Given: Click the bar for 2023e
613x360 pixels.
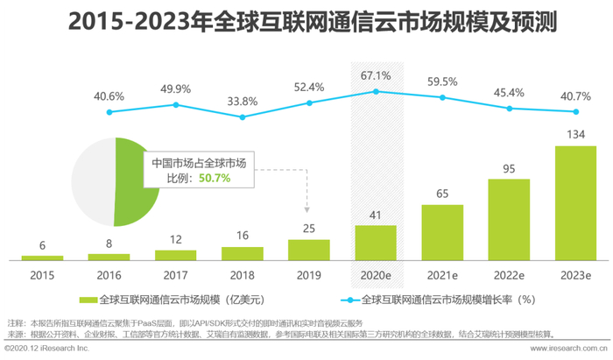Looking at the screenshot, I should [576, 202].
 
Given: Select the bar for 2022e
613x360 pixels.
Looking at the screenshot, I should [510, 219].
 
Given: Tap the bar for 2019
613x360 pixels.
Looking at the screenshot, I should [309, 250].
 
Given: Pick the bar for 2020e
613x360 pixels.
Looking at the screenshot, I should [376, 243].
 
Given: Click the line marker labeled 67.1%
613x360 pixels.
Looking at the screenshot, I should [376, 91].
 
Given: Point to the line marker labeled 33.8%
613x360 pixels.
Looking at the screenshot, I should [243, 116].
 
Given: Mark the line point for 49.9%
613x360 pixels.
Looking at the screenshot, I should [176, 104].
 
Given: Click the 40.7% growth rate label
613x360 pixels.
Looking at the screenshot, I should [576, 95].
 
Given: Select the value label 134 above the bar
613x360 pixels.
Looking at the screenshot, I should [576, 134].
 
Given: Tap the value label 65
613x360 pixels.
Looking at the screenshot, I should [443, 194].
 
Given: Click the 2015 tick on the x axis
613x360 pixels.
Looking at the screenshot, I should [42, 274].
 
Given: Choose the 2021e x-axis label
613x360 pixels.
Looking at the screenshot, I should [443, 274].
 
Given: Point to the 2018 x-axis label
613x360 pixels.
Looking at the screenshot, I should [243, 274].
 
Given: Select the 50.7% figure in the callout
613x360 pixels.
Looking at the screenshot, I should [215, 178].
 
